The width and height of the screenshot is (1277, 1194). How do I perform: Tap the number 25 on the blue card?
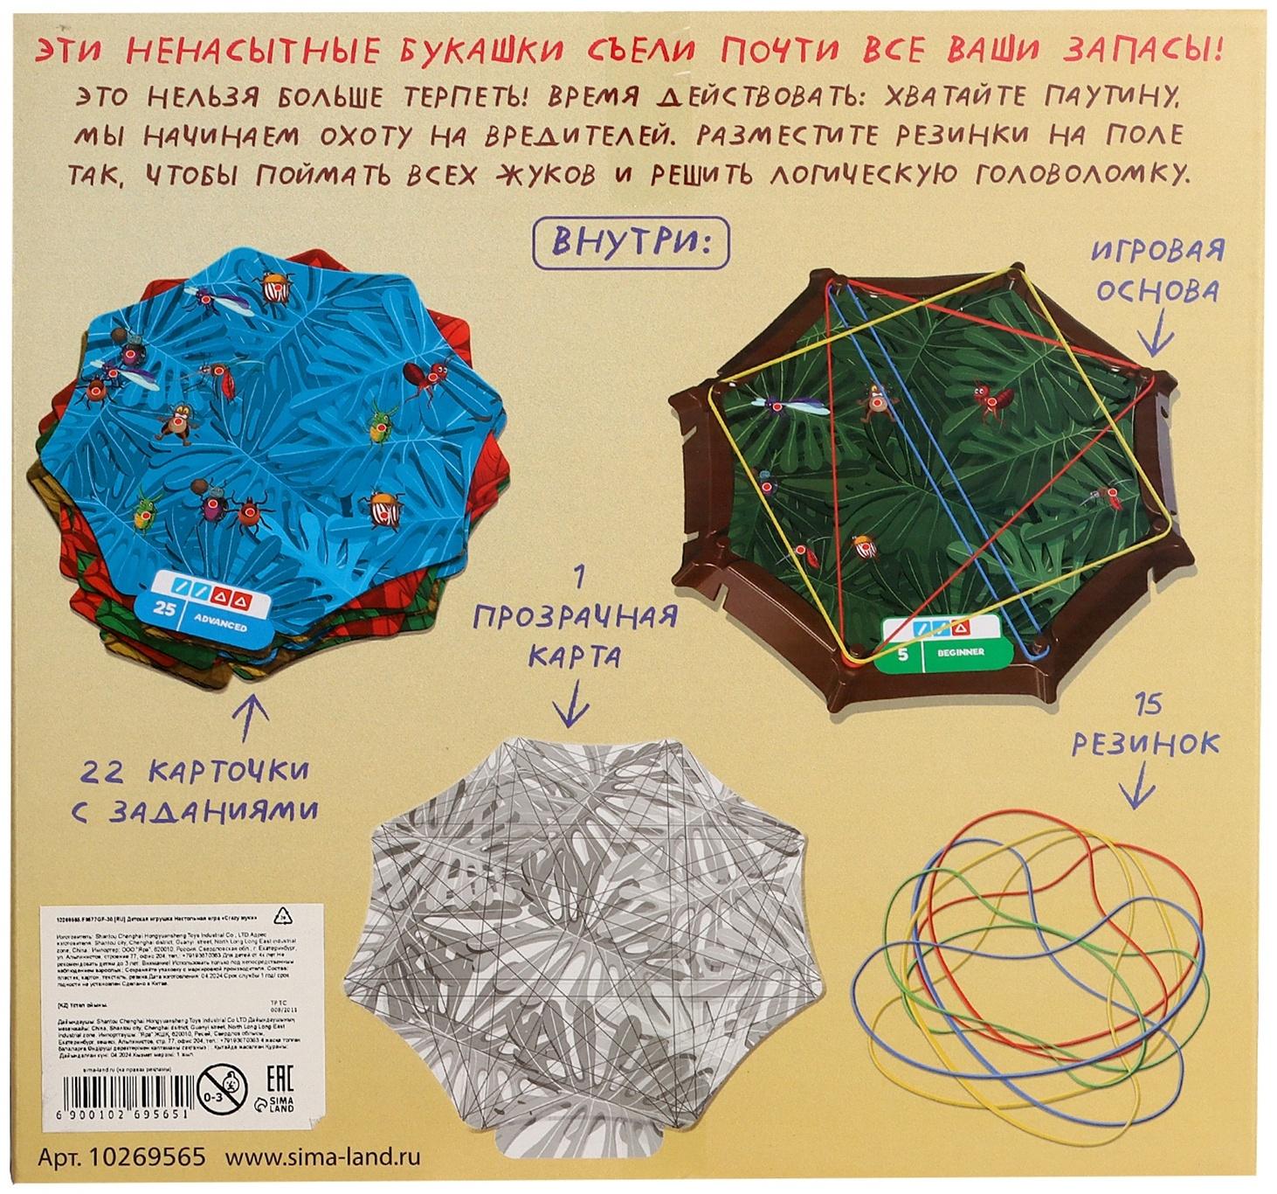pyautogui.click(x=164, y=610)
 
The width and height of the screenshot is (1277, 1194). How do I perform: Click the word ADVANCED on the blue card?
pyautogui.click(x=220, y=627)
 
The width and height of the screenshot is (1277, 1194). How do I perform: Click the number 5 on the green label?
pyautogui.click(x=901, y=652)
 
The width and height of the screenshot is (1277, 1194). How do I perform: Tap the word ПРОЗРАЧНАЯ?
pyautogui.click(x=575, y=617)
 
